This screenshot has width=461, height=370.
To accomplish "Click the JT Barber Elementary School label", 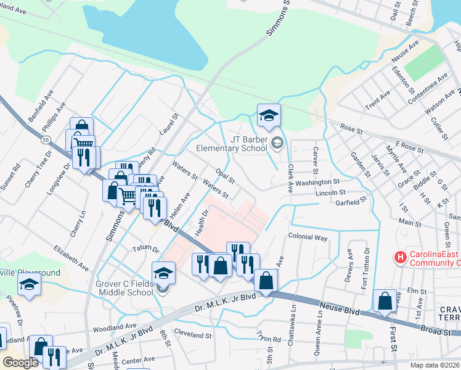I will (x=232, y=144).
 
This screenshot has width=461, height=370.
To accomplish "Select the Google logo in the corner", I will (x=20, y=362).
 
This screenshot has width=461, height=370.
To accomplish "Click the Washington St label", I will (x=317, y=183).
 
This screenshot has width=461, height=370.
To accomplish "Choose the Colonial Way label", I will (x=308, y=237).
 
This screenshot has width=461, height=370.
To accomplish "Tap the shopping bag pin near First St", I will (x=385, y=302).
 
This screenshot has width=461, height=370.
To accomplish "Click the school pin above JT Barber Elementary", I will (x=269, y=115).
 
